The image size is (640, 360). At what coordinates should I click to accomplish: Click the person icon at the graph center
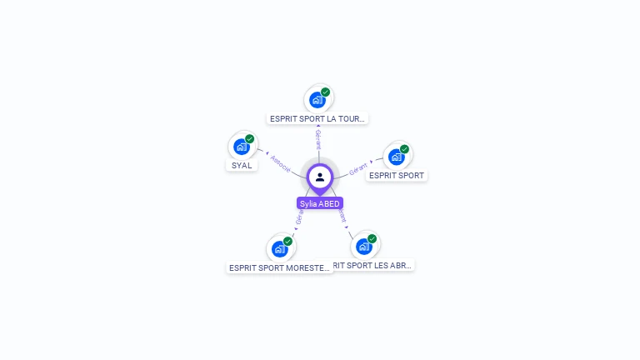(320, 177)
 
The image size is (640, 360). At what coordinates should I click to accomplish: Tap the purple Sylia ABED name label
(320, 203)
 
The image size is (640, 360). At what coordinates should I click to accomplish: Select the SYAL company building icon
(241, 147)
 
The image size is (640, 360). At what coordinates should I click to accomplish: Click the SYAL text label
(242, 165)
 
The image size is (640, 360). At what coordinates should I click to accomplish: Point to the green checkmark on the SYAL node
(249, 138)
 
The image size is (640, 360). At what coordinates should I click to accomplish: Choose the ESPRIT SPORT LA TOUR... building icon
(317, 100)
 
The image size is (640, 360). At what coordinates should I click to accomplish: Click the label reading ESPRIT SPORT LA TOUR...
(317, 118)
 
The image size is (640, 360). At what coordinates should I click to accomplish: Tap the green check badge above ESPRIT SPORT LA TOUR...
(325, 92)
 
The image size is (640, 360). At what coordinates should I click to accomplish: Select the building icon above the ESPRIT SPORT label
(396, 157)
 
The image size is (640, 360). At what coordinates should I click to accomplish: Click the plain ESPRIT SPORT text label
(397, 176)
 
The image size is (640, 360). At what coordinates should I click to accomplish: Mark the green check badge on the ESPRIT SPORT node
(404, 149)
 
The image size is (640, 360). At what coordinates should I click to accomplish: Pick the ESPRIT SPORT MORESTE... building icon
(279, 248)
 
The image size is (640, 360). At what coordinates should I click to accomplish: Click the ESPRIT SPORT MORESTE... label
(280, 267)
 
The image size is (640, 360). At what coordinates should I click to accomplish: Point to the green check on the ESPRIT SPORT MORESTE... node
(287, 241)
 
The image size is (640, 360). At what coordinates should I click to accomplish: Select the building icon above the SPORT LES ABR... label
(363, 247)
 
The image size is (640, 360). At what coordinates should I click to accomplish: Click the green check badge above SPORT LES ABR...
(372, 238)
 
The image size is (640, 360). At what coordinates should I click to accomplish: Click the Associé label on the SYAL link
(281, 162)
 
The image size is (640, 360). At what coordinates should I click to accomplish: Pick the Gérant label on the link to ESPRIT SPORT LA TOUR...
(317, 138)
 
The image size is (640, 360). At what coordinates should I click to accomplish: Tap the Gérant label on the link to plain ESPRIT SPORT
(358, 167)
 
